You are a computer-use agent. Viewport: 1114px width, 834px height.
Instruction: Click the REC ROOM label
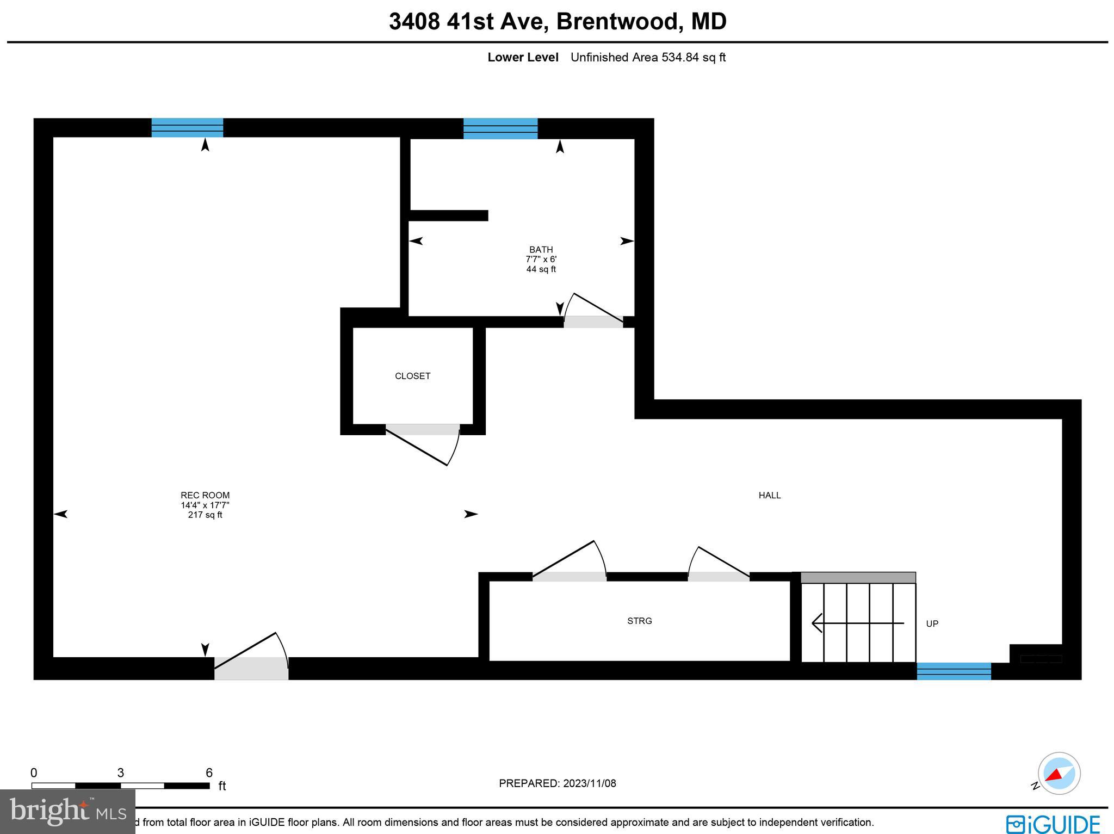205,495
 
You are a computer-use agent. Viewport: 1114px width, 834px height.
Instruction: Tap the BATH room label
541,250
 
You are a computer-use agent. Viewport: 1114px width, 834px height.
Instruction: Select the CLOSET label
412,376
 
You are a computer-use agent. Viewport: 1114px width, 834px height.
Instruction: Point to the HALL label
770,495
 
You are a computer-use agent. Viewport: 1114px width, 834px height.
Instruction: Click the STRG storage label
639,621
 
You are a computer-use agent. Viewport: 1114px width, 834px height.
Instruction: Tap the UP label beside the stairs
932,623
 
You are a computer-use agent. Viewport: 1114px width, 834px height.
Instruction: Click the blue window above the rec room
187,127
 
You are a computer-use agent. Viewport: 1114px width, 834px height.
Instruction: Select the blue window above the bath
500,128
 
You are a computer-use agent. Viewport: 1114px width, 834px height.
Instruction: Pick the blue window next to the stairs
954,671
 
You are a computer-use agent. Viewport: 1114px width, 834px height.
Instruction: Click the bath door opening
593,322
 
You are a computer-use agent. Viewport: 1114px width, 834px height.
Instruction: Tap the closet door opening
423,429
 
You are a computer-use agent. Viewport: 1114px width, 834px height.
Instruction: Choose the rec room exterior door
251,668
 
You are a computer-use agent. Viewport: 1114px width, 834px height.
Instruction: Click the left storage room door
569,577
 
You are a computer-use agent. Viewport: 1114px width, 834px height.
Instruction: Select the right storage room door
719,577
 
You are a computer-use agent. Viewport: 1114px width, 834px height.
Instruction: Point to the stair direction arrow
857,623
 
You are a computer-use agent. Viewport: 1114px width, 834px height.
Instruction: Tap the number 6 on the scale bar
209,773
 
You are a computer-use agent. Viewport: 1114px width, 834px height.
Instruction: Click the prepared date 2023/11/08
589,783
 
